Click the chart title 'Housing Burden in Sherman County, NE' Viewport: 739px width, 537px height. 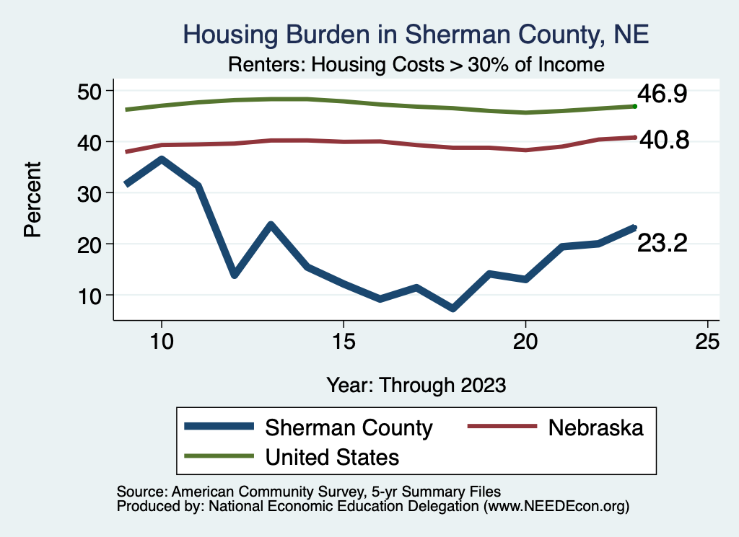click(416, 34)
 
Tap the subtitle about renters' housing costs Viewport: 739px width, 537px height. click(416, 64)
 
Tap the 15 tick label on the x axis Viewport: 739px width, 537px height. click(344, 341)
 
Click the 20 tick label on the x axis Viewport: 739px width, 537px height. click(525, 341)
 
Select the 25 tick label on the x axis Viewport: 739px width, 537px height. click(707, 341)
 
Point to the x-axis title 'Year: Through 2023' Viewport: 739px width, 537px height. click(416, 384)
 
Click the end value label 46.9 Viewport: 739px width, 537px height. click(661, 94)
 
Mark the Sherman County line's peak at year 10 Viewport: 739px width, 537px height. click(162, 159)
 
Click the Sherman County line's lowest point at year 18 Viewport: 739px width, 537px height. click(452, 308)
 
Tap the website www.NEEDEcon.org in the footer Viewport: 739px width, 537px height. click(556, 507)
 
